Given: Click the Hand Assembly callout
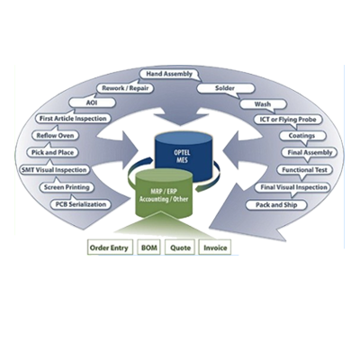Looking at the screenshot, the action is [x=169, y=74].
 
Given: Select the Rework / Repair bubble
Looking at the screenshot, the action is [x=125, y=88].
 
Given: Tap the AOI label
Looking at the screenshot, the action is [x=92, y=103].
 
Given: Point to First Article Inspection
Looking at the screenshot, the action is [x=73, y=119].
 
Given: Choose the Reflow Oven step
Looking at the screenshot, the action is [x=55, y=136].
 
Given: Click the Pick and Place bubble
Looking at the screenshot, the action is [x=52, y=152].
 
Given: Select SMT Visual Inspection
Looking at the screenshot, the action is [x=54, y=170].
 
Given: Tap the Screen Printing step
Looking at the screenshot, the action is [x=67, y=187].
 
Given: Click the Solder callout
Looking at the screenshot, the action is [x=226, y=88].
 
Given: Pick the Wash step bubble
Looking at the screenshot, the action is [x=263, y=104].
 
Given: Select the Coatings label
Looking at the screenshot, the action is [x=301, y=136].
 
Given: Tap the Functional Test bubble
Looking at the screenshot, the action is [x=304, y=170].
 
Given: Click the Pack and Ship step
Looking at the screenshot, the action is [x=276, y=205].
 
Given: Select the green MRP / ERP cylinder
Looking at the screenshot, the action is [x=163, y=195].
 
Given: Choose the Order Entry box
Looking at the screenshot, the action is [x=110, y=247].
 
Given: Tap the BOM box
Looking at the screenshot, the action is [x=148, y=247].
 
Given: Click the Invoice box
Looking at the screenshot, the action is [x=215, y=247].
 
